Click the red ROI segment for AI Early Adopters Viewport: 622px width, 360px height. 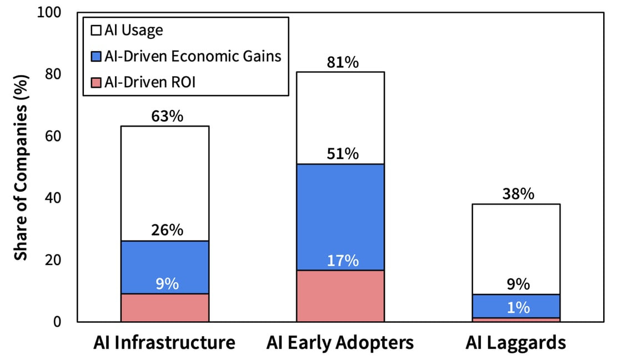click(340, 296)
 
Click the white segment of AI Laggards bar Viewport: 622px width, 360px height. click(515, 244)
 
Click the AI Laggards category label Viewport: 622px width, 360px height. click(515, 343)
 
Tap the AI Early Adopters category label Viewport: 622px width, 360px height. click(340, 343)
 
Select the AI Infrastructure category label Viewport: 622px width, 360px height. click(164, 343)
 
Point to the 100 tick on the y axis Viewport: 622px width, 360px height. click(50, 12)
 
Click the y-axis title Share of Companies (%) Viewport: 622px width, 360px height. click(21, 167)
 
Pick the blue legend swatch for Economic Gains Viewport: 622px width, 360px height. click(96, 56)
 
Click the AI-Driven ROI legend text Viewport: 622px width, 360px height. click(150, 82)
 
